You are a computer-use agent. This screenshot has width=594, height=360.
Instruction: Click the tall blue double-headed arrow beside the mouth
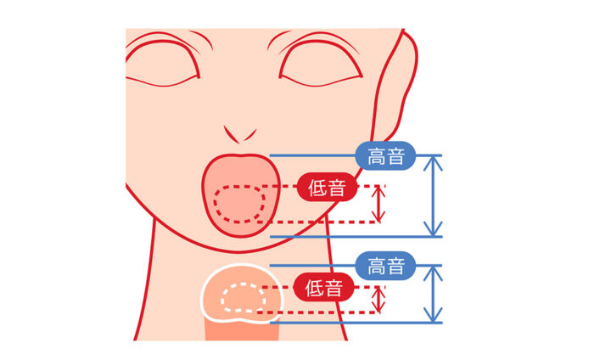tap(434, 195)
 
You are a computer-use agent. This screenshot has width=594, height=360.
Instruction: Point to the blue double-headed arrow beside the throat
tap(434, 294)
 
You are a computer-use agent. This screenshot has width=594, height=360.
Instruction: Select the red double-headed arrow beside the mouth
tap(379, 205)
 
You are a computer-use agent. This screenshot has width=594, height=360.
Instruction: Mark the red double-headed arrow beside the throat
tap(379, 299)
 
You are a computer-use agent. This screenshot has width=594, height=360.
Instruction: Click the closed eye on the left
tap(165, 64)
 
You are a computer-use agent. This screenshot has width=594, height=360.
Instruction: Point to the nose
tap(241, 132)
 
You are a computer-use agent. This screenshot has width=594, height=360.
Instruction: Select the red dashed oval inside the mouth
tap(240, 204)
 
